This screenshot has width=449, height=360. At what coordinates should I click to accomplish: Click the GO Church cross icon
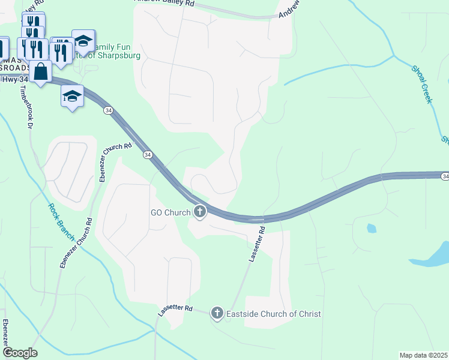(x=199, y=212)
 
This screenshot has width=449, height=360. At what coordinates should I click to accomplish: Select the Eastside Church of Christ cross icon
(x=217, y=313)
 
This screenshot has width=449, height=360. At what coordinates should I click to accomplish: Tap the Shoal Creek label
(x=423, y=85)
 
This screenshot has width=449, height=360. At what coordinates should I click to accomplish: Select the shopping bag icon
(x=41, y=71)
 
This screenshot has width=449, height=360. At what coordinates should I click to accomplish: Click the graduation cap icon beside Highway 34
(x=72, y=96)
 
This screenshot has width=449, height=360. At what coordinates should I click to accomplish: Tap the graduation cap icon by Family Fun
(x=83, y=41)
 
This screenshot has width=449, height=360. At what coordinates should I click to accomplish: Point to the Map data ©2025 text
(x=423, y=355)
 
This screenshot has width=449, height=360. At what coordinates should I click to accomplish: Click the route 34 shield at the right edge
(x=445, y=176)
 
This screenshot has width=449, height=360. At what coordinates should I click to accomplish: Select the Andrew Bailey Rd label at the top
(x=164, y=3)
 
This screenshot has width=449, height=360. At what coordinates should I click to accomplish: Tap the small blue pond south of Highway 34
(x=370, y=228)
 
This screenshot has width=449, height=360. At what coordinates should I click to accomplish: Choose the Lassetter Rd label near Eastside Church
(x=175, y=310)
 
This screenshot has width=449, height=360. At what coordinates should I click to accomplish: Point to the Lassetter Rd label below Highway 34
(x=256, y=244)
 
